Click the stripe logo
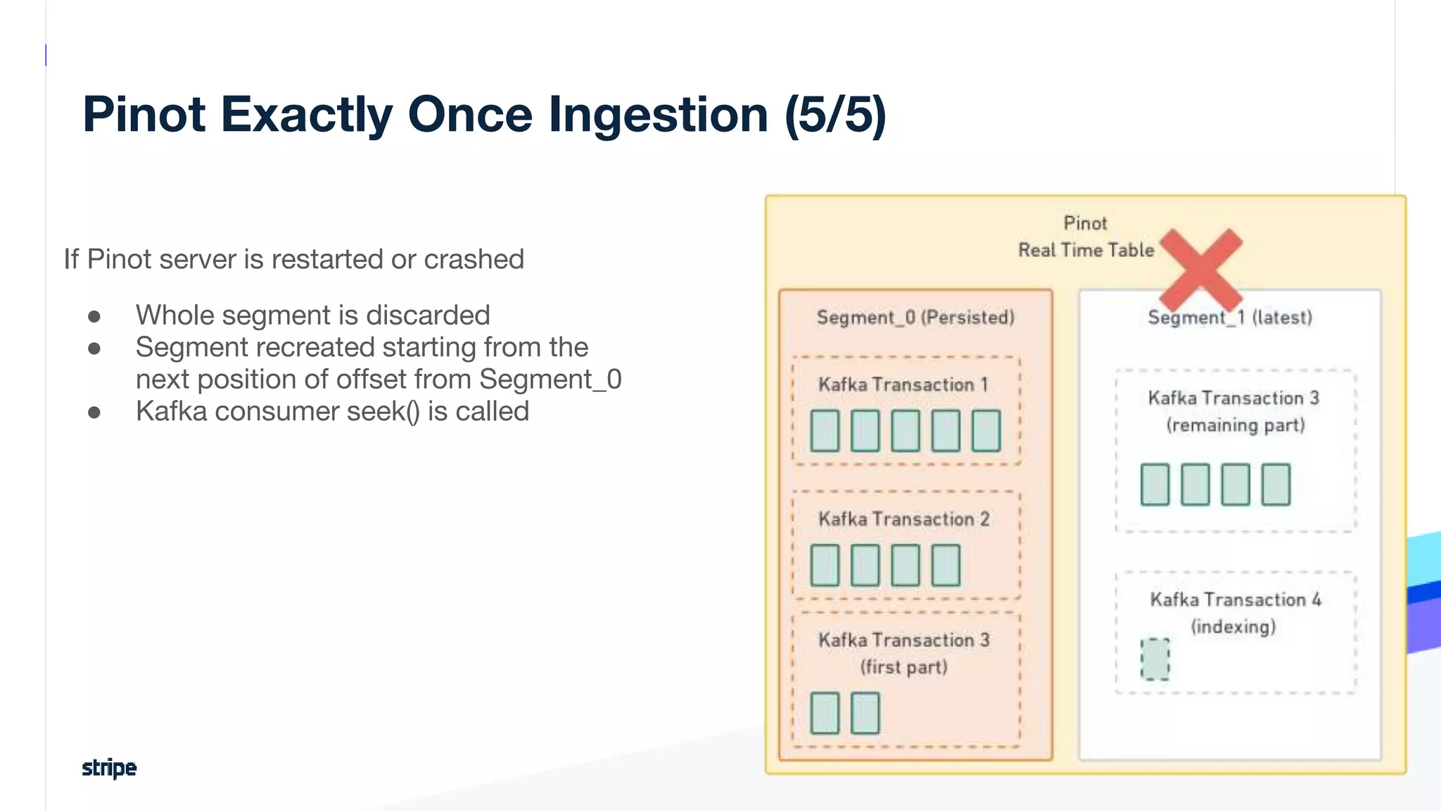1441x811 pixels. pos(109,767)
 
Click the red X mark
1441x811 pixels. pos(1201,270)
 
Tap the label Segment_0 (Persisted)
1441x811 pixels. pos(915,318)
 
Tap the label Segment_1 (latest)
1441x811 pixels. pos(1230,318)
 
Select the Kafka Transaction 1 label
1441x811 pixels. pos(903,384)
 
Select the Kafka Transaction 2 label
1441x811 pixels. pos(903,519)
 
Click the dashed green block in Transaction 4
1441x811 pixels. pos(1155,660)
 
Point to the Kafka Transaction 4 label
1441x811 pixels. pos(1236,600)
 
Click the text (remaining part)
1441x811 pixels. pos(1236,425)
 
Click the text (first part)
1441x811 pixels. pos(903,667)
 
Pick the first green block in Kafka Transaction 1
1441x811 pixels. pos(825,431)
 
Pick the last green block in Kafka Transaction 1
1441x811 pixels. pos(986,431)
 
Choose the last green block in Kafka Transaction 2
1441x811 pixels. pos(946,565)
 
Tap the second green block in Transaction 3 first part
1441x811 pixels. pos(865,713)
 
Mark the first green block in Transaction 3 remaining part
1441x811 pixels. pos(1155,484)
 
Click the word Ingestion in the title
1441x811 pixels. pos(658,114)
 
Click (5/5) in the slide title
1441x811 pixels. pos(835,114)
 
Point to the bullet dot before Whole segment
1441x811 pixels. pos(94,317)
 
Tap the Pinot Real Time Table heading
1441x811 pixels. pos(1086,237)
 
